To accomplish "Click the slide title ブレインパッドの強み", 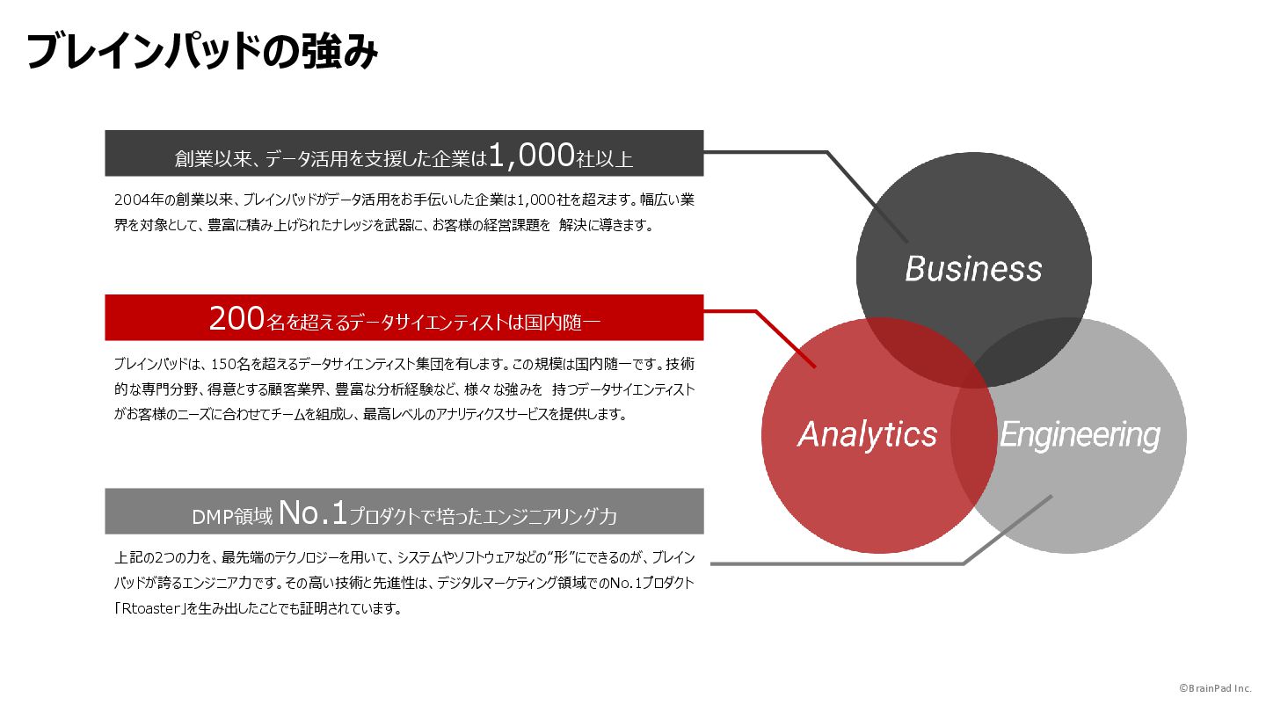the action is (x=202, y=53).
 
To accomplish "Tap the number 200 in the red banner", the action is (x=236, y=318).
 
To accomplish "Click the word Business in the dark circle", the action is (x=973, y=268).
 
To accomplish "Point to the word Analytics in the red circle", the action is (x=867, y=434).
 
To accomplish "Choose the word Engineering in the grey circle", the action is (x=1080, y=434).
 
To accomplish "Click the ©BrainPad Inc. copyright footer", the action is (x=1215, y=688).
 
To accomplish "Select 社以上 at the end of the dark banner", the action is (x=605, y=159).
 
